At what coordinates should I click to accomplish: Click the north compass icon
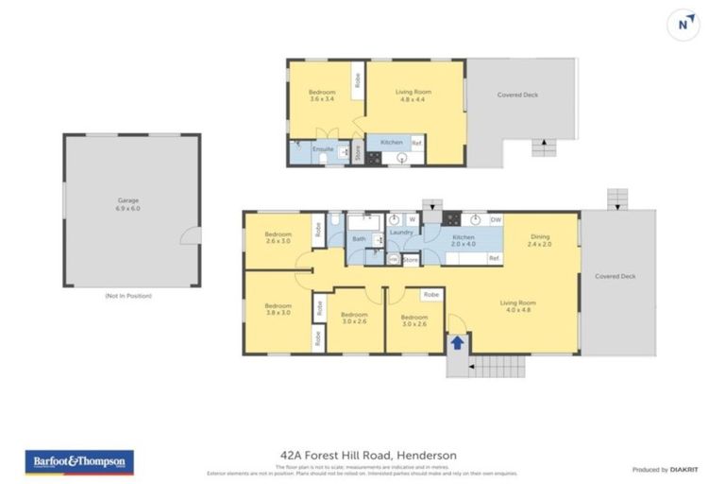point(683,24)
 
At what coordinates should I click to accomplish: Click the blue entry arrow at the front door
point(457,342)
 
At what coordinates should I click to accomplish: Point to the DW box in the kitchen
point(496,219)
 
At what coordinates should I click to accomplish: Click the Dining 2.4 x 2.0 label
point(539,240)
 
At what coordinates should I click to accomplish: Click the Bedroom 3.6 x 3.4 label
point(322,95)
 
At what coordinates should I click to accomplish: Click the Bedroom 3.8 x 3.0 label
point(278,309)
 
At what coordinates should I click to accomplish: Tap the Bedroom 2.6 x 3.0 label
point(278,237)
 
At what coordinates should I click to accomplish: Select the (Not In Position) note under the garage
point(128,296)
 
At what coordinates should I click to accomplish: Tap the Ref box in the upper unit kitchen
point(416,143)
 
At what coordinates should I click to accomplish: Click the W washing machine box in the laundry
point(412,219)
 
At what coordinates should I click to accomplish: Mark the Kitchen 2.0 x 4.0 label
point(464,240)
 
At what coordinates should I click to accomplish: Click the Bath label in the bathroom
point(359,239)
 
